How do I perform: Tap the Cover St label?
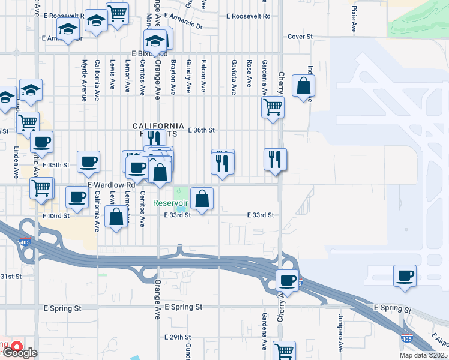point(300,37)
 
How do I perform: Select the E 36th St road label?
point(201,130)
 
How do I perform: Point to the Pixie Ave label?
point(354,19)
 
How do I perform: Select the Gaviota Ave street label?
point(234,77)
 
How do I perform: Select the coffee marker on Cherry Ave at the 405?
point(288,280)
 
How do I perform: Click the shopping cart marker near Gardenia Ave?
point(273,107)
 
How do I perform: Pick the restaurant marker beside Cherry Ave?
point(275,160)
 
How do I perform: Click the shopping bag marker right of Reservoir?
point(202,199)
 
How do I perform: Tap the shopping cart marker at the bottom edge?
point(284,350)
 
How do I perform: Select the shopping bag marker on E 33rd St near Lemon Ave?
point(116,217)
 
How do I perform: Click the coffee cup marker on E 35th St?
point(88,161)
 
